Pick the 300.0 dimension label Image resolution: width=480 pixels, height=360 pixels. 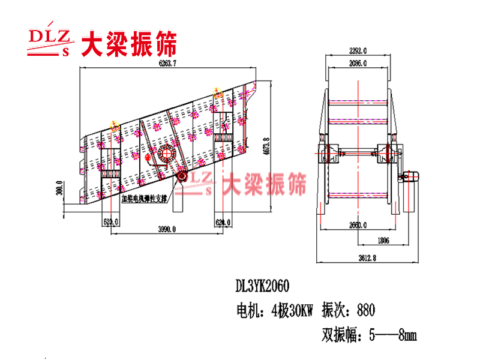59,191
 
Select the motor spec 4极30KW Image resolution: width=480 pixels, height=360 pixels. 293,310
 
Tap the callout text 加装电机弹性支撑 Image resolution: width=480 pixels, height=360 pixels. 145,197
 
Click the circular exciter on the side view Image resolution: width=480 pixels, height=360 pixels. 165,154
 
